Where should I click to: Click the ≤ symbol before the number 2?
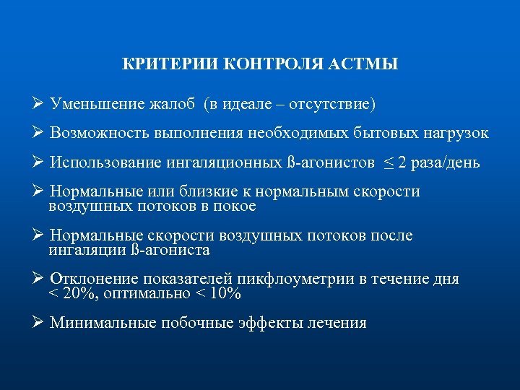coord(390,162)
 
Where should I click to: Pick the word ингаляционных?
coord(225,162)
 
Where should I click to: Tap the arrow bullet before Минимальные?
coord(40,322)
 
